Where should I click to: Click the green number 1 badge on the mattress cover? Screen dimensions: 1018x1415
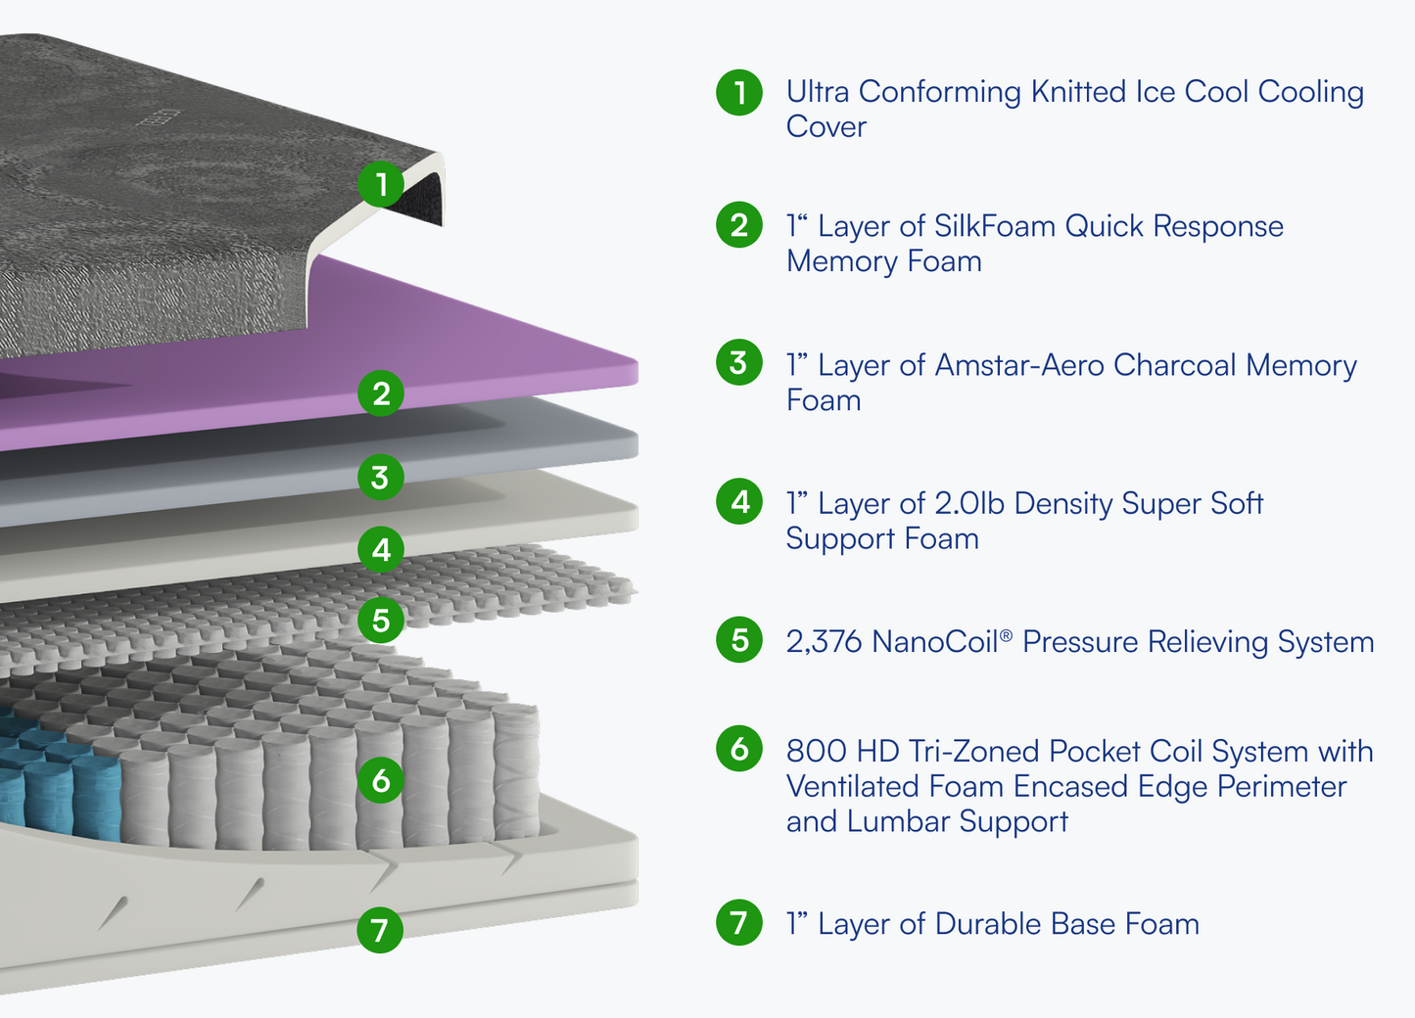point(381,184)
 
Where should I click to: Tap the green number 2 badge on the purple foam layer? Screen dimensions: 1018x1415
point(381,393)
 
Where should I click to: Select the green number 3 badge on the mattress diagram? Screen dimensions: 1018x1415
point(381,478)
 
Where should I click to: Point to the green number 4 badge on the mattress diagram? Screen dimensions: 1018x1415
point(381,549)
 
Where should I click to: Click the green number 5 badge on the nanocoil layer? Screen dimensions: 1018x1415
point(381,621)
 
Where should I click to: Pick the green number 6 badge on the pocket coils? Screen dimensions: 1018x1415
point(381,780)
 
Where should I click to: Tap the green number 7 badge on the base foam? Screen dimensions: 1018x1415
point(381,929)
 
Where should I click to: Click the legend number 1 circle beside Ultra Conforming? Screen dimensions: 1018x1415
point(739,92)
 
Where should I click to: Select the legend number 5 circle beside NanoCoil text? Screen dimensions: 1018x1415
point(739,640)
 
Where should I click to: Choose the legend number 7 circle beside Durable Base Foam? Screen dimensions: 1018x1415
point(739,922)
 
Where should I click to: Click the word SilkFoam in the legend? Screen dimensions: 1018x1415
point(995,226)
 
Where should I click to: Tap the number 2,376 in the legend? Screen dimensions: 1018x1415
point(824,642)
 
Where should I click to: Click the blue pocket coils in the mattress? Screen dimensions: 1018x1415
point(59,783)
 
